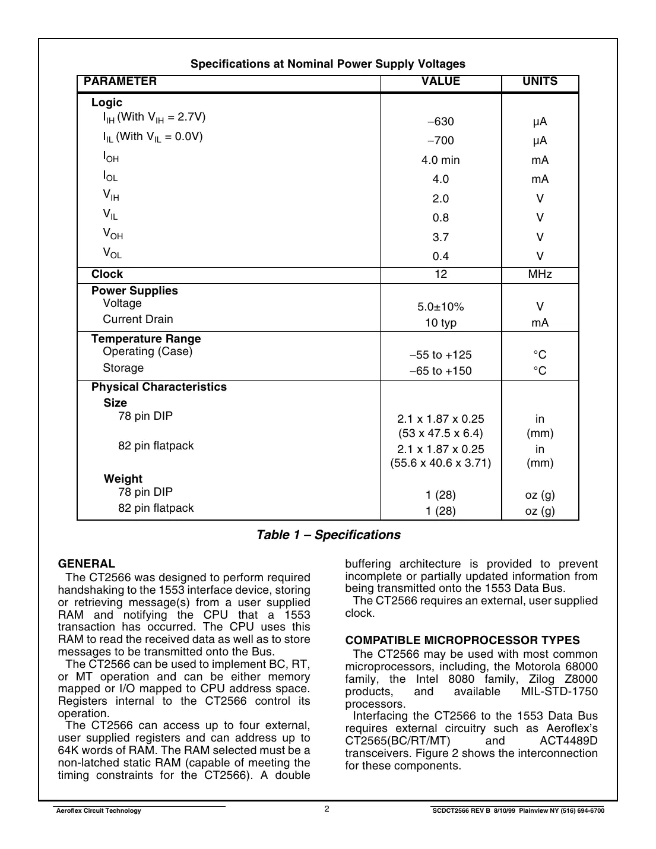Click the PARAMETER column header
click(120, 81)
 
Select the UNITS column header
click(540, 81)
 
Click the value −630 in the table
click(440, 122)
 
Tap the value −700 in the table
click(440, 141)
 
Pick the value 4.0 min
click(440, 160)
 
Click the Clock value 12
click(440, 274)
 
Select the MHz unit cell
click(540, 274)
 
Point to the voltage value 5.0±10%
click(440, 307)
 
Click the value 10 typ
click(440, 323)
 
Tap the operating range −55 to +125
click(440, 355)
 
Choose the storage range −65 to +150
click(440, 371)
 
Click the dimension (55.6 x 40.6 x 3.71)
click(440, 463)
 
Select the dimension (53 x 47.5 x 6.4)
click(440, 433)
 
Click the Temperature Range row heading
click(146, 339)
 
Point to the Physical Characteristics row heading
click(159, 387)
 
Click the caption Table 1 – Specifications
click(328, 535)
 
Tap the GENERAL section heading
click(87, 564)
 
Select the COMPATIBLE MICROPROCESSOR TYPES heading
click(462, 641)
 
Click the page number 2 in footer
click(327, 809)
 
